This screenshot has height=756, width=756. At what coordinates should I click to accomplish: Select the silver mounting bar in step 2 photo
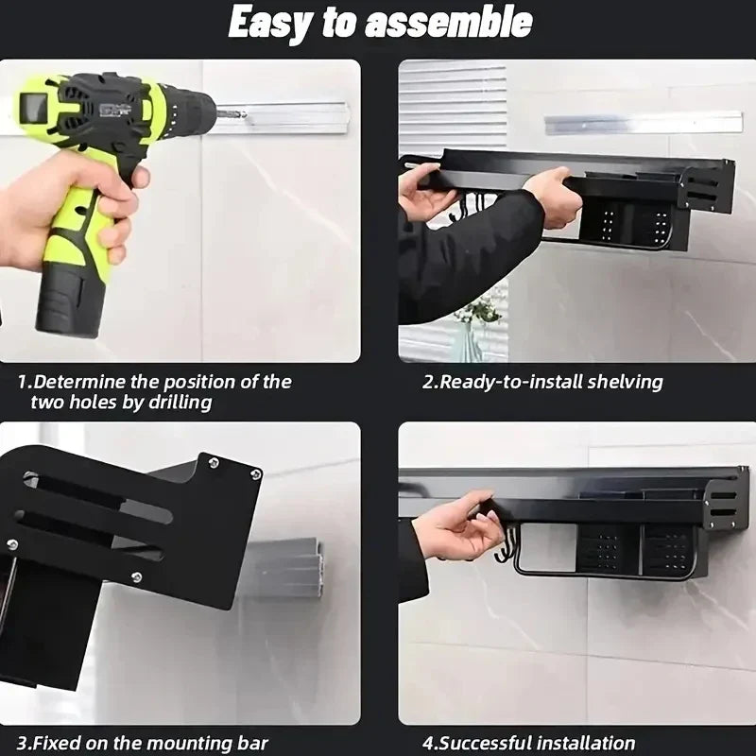643,123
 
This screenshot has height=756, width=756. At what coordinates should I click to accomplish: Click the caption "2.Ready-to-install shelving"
541,382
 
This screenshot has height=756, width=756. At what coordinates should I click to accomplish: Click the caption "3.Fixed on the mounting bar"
143,743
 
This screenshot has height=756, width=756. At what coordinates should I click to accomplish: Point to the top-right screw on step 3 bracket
254,473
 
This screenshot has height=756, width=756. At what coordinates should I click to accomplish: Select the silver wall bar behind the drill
283,117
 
